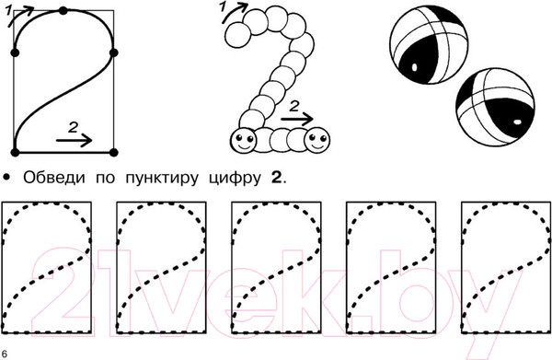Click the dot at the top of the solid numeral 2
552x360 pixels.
pyautogui.click(x=63, y=10)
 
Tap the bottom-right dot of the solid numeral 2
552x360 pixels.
pyautogui.click(x=113, y=153)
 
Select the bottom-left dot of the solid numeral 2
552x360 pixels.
pyautogui.click(x=15, y=153)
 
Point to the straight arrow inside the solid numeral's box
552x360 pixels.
pyautogui.click(x=74, y=140)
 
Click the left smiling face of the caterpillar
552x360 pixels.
pyautogui.click(x=243, y=140)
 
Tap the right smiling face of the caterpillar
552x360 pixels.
pyautogui.click(x=317, y=140)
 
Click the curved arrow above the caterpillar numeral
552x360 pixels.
pyautogui.click(x=234, y=12)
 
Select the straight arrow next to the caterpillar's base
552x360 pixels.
pyautogui.click(x=297, y=119)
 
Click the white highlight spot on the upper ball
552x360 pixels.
pyautogui.click(x=414, y=66)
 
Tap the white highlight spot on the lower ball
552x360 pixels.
pyautogui.click(x=517, y=122)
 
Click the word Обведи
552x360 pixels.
pyautogui.click(x=54, y=178)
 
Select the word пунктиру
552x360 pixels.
pyautogui.click(x=162, y=179)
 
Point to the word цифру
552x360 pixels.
pyautogui.click(x=235, y=179)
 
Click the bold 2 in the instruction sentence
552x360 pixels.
pyautogui.click(x=276, y=178)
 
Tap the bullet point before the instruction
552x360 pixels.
pyautogui.click(x=6, y=177)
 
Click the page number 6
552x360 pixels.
pyautogui.click(x=5, y=354)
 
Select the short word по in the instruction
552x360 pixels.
pyautogui.click(x=105, y=179)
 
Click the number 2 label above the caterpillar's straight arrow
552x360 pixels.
pyautogui.click(x=294, y=106)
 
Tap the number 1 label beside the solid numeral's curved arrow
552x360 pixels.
pyautogui.click(x=8, y=10)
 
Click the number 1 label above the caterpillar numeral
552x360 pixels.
pyautogui.click(x=223, y=6)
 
